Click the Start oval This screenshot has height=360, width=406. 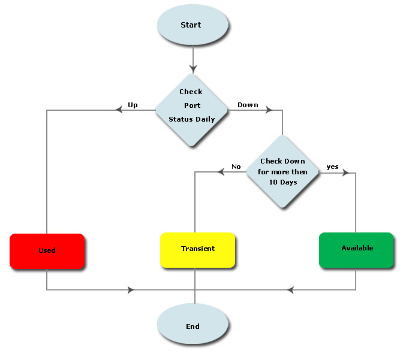point(193,25)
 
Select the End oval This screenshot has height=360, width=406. point(193,326)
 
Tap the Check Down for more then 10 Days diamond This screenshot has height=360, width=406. point(282,172)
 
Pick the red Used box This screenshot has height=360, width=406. point(47,250)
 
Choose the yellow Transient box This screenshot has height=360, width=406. point(198,249)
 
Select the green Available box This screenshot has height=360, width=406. point(357,249)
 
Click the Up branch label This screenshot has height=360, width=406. point(133,105)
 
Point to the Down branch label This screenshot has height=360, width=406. point(248,105)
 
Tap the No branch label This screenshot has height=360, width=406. point(236,167)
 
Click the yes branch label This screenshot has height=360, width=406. point(332,166)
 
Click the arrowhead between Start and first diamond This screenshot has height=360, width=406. point(193,67)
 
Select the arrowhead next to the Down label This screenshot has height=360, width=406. point(269,110)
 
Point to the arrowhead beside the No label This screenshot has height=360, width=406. point(221,173)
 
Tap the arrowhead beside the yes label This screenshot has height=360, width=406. point(345,173)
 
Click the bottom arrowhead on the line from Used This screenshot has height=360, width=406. point(131,291)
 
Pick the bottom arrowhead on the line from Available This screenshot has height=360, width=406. point(290,291)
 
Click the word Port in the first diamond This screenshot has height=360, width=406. point(192,105)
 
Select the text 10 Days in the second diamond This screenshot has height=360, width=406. point(282,182)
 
